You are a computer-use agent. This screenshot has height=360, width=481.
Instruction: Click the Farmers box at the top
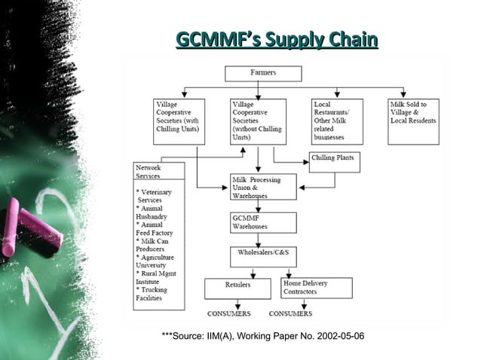[263, 73]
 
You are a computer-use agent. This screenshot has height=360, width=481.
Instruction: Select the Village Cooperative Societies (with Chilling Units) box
[179, 121]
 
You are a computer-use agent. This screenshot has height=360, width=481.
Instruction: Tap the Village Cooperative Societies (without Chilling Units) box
[258, 121]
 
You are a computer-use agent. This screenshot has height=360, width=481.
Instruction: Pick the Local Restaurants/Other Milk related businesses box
[336, 121]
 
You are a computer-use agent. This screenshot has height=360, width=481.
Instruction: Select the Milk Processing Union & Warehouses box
[259, 188]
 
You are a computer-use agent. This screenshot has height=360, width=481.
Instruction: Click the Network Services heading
[148, 171]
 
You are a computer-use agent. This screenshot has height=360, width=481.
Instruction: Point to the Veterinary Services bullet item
[154, 196]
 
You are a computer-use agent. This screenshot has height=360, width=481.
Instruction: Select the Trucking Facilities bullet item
[151, 293]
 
